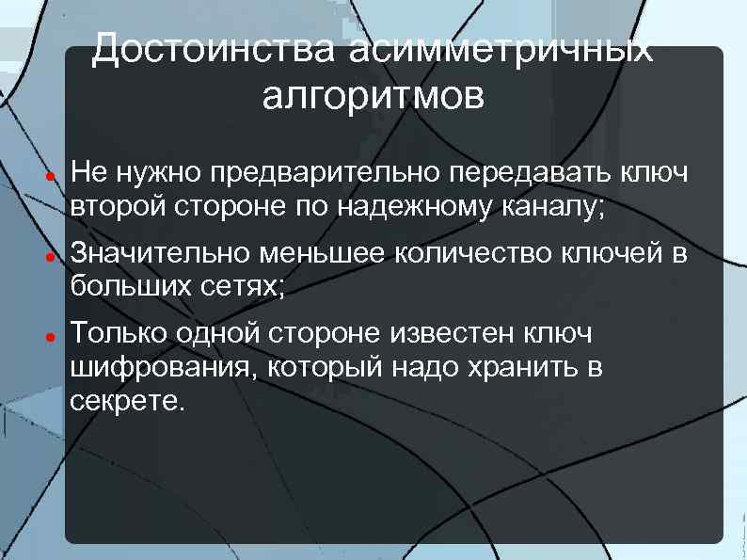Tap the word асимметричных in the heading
[500, 48]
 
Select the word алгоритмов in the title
[373, 95]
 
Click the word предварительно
[326, 173]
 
